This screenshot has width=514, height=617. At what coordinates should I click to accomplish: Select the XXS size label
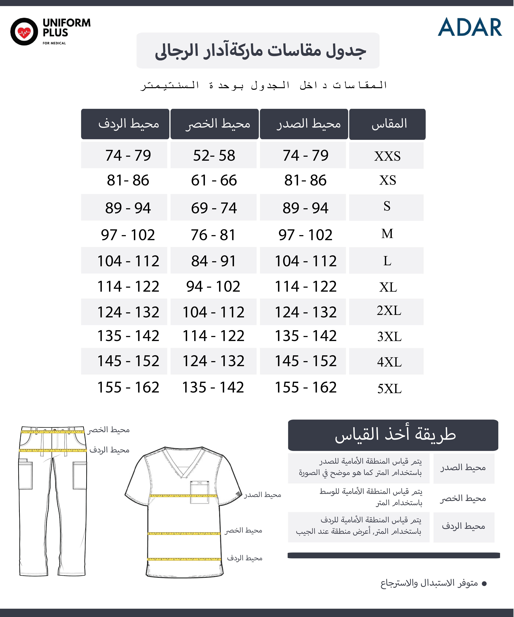click(x=387, y=156)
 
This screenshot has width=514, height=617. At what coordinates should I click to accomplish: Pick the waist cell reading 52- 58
click(x=214, y=155)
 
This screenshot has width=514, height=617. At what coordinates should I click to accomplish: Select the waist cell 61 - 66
click(x=214, y=180)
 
